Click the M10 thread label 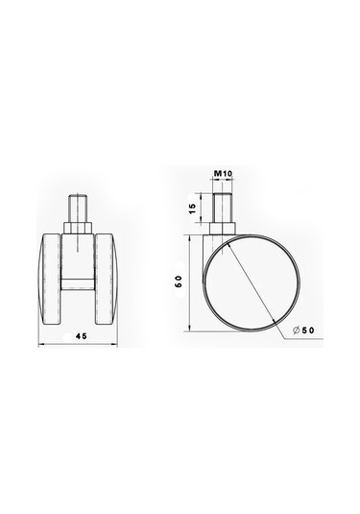coord(223,174)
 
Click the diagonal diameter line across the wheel coord(253,279)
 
